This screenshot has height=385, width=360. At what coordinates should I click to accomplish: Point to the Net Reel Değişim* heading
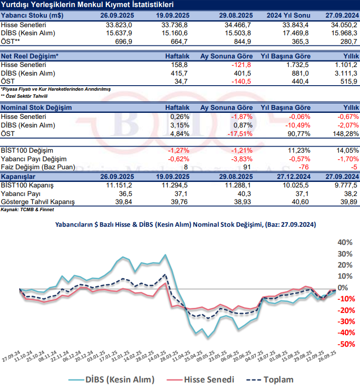tap(30, 56)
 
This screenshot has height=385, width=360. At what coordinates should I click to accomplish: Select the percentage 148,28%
tap(344, 133)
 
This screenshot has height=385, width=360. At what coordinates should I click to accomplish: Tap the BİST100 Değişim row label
tap(27, 150)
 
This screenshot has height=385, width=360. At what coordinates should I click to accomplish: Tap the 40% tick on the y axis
tap(344, 242)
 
